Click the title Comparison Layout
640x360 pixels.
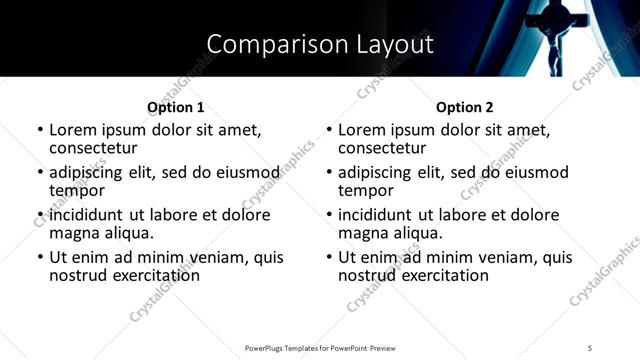320,44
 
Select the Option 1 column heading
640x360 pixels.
175,107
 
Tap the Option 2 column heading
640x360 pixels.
464,107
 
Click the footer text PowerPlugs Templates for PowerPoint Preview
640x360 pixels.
320,347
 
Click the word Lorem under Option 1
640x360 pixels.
74,130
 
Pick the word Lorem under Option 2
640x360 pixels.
363,130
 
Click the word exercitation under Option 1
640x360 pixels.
147,275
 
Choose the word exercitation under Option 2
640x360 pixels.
436,275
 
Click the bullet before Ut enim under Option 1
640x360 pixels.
39,258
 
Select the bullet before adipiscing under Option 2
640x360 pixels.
328,173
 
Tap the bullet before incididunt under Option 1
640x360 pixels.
39,215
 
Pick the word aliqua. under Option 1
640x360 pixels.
127,233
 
